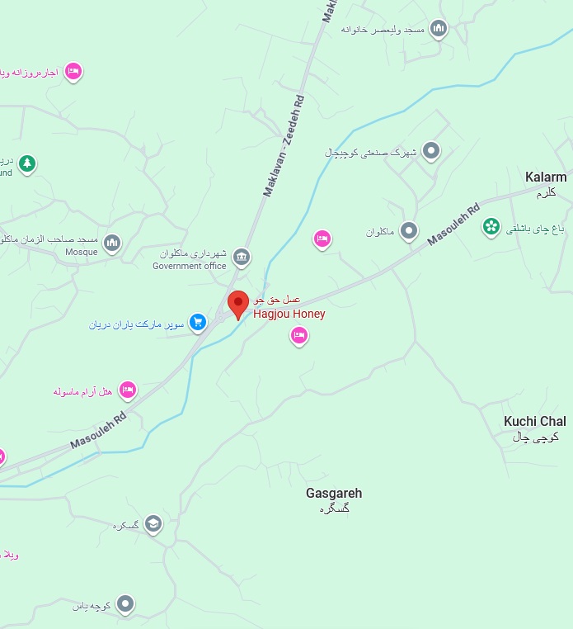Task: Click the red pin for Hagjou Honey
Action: tap(238, 304)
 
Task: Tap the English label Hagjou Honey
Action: tap(289, 314)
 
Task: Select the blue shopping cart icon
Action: tap(198, 322)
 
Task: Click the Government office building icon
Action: tap(242, 256)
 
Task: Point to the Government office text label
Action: tap(189, 266)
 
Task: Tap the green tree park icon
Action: tap(27, 163)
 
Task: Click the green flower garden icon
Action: tap(491, 225)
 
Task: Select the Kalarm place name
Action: tap(546, 177)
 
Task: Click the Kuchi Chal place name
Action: tap(535, 422)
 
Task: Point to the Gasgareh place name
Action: tap(334, 494)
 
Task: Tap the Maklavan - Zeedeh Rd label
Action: tap(284, 145)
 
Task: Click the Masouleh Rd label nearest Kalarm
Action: tap(453, 225)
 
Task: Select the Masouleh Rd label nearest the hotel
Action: tap(98, 430)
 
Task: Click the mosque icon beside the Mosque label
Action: tap(112, 243)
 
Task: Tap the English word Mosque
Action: tap(81, 252)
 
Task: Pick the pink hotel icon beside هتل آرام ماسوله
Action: tap(127, 389)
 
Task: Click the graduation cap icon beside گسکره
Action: tap(153, 524)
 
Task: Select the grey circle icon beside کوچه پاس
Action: tap(125, 605)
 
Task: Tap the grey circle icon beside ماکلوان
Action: tap(409, 231)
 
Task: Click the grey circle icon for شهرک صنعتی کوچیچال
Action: tap(430, 151)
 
